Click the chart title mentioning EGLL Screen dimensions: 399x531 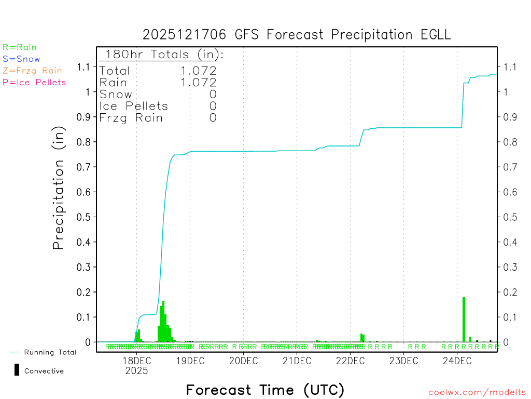pos(297,35)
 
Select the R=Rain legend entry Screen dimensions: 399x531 pos(20,47)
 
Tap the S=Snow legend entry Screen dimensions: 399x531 pos(21,59)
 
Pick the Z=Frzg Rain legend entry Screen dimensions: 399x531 pos(32,71)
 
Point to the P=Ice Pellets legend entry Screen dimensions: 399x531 pos(34,82)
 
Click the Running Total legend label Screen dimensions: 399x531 pos(50,352)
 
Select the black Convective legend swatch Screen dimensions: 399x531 pos(17,370)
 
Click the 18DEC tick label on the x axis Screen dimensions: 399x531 pos(136,361)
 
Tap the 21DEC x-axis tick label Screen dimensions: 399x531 pos(297,361)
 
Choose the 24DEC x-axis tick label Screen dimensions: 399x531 pos(457,361)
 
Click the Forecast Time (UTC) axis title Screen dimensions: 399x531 pos(265,390)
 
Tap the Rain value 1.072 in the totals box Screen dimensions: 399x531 pos(199,82)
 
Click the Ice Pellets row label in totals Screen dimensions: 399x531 pos(134,106)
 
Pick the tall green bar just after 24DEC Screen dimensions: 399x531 pos(464,320)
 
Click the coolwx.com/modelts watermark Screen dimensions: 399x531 pos(477,393)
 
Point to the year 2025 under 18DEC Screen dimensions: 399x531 pos(136,371)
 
